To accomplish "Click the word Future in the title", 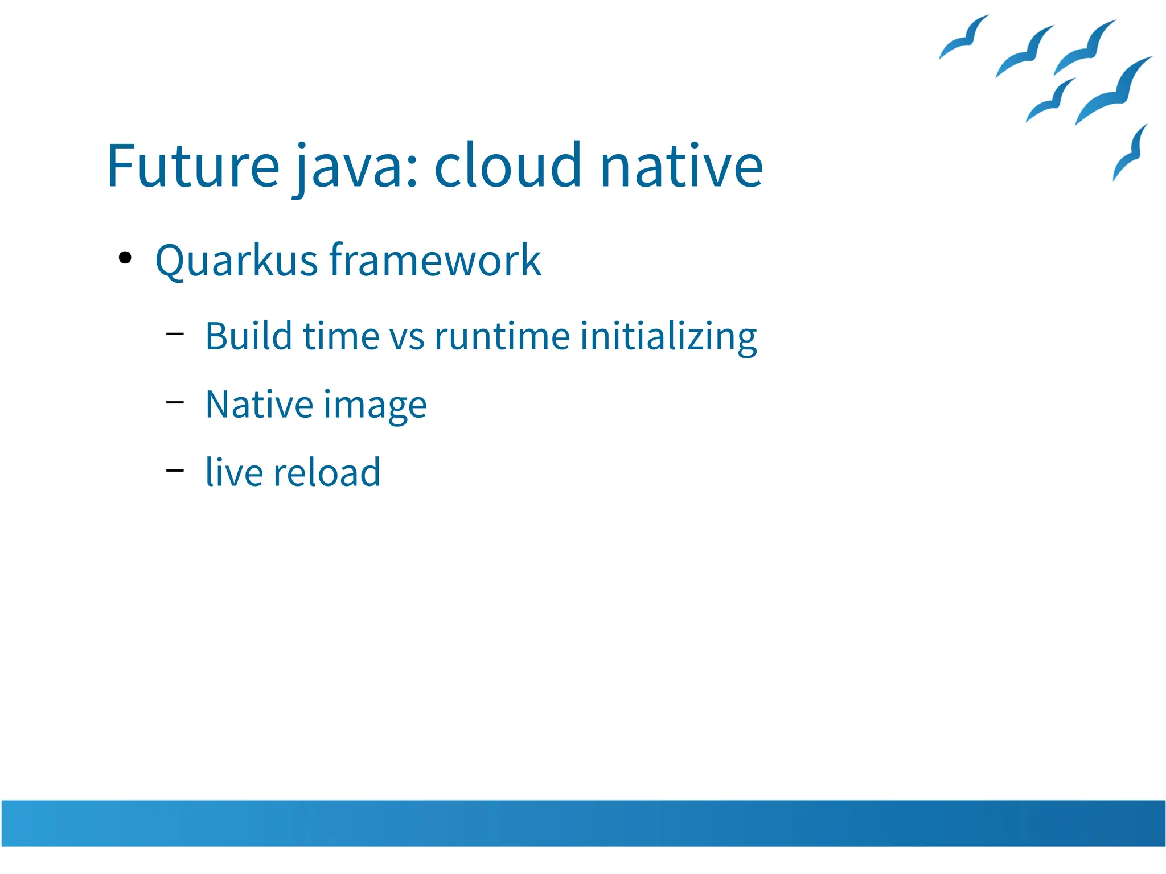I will tap(192, 166).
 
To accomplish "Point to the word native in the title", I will tap(681, 166).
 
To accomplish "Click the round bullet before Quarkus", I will tap(125, 258).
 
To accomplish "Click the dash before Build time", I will tap(175, 334).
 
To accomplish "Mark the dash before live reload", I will tap(175, 471).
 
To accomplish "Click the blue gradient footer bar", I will tap(583, 823).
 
